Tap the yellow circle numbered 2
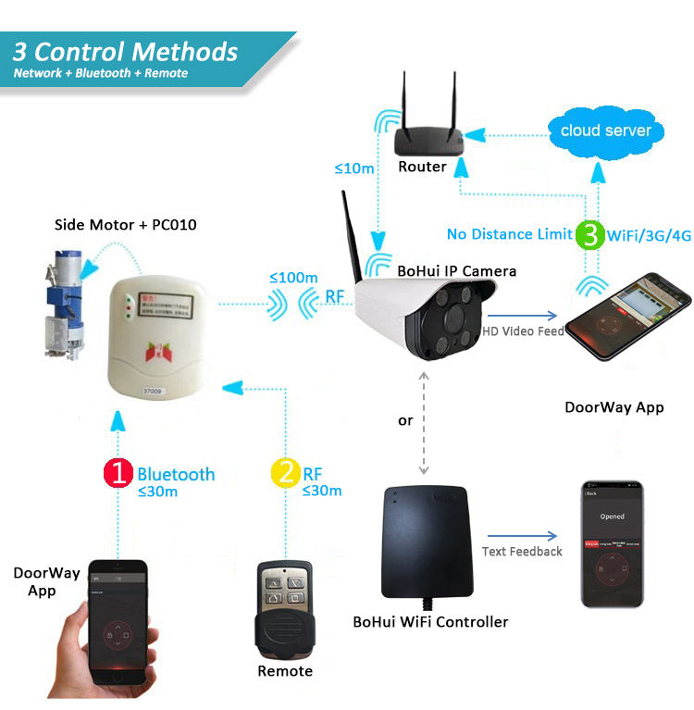click(284, 474)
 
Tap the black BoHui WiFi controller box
click(430, 544)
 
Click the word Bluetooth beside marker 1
click(176, 474)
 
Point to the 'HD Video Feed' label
click(523, 330)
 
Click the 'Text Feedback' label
click(522, 552)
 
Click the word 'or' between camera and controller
click(405, 420)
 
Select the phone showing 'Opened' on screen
click(611, 543)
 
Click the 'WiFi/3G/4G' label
click(623, 235)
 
